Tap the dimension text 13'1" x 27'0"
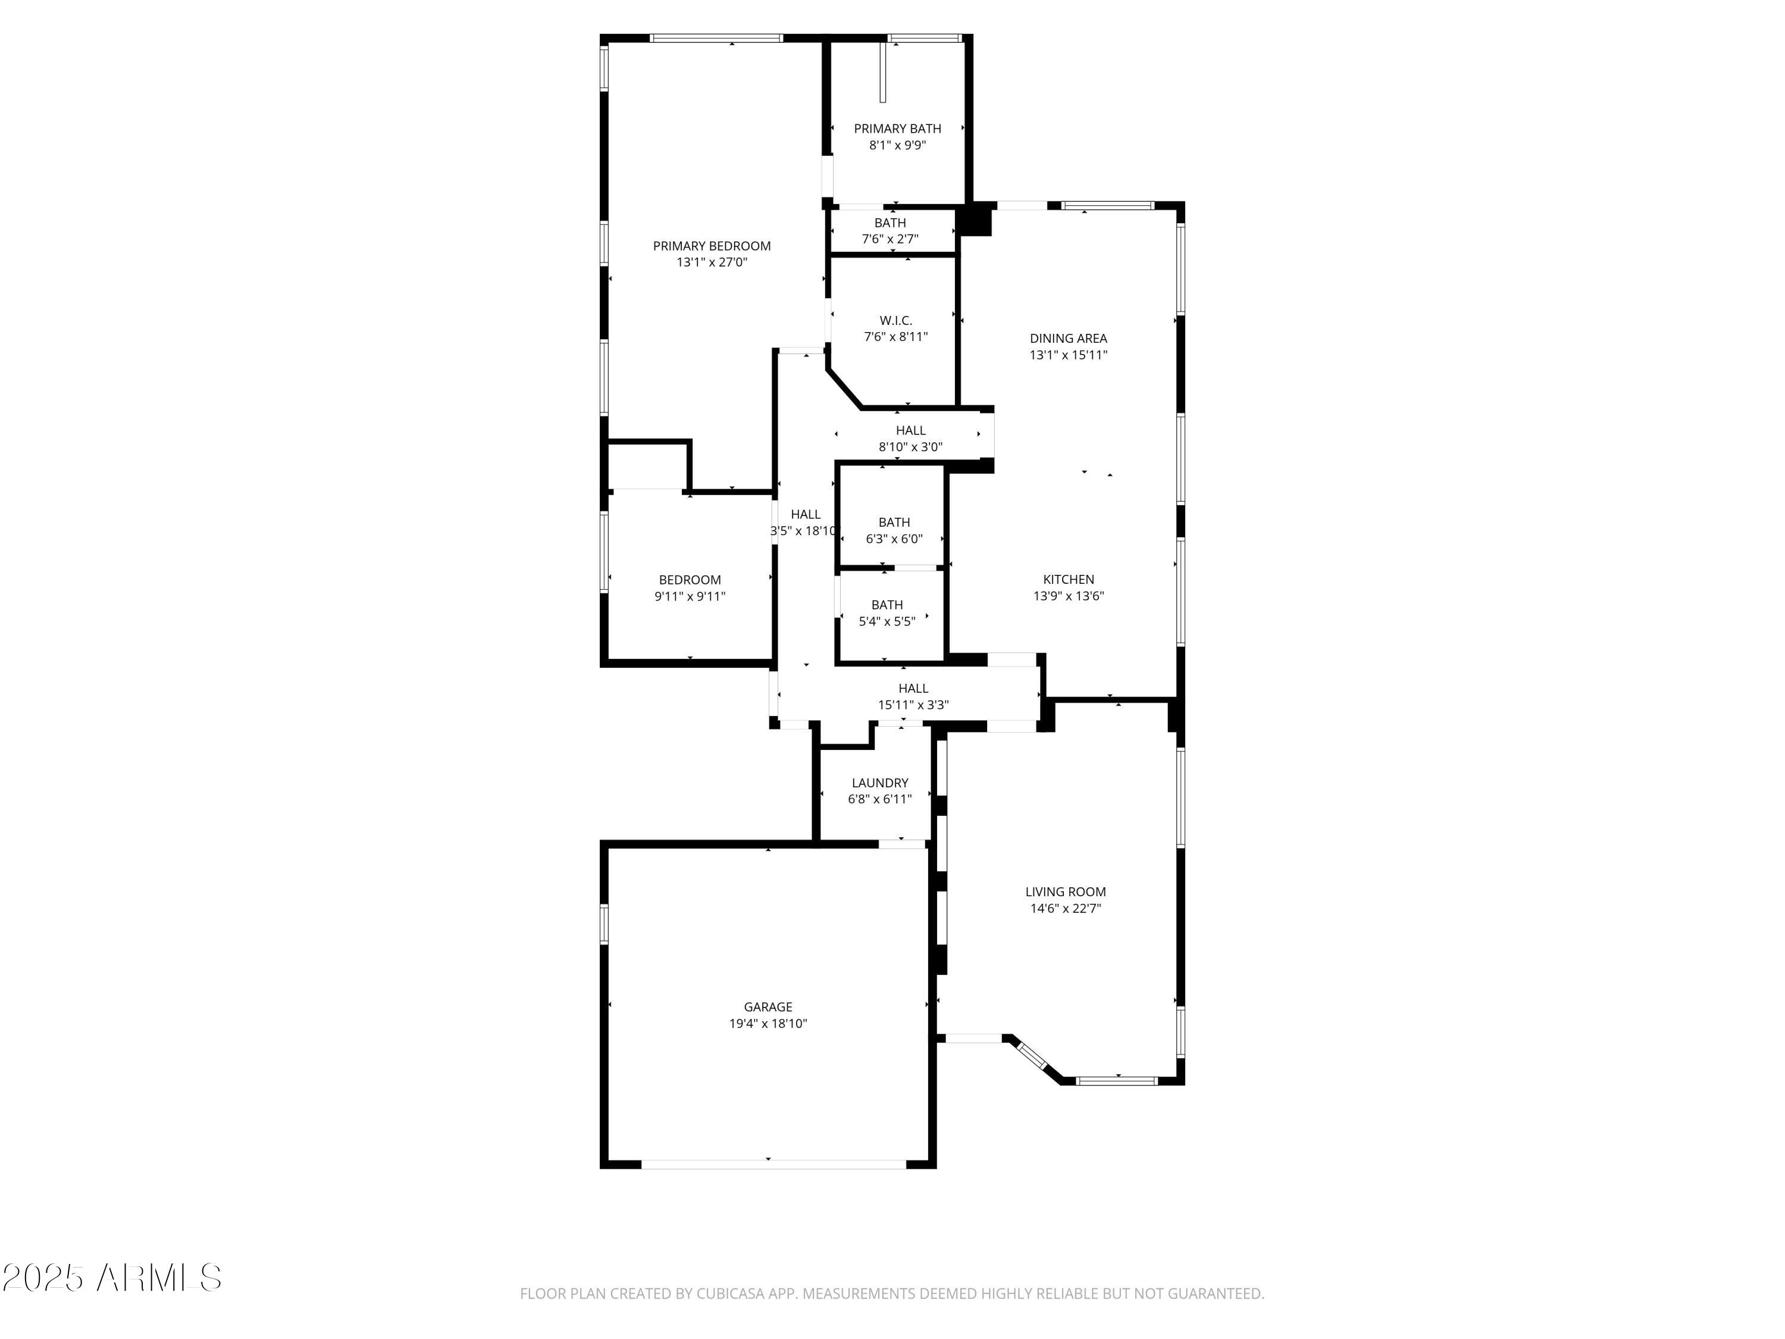tap(711, 262)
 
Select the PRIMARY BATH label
tap(897, 129)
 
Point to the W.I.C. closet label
tap(895, 320)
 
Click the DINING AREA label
tap(1067, 338)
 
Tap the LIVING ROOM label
tap(1064, 892)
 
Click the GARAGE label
tap(768, 1006)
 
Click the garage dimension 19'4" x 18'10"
tap(768, 1024)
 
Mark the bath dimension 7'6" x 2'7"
tap(890, 239)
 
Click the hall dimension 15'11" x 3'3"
tap(913, 705)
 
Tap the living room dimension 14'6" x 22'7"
tap(1064, 908)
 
